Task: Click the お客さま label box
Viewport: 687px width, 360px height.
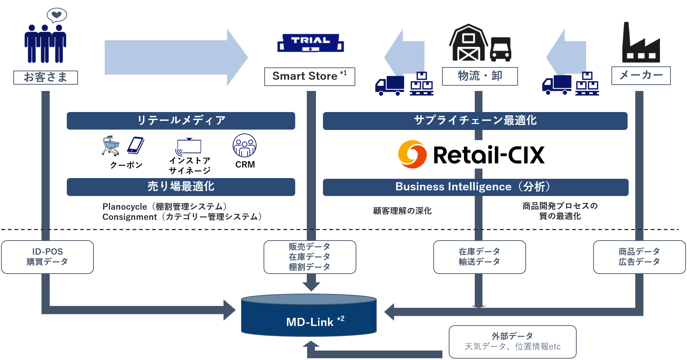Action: [x=45, y=77]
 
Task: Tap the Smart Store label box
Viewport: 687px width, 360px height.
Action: [x=309, y=77]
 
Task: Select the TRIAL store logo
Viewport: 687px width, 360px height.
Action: [x=311, y=43]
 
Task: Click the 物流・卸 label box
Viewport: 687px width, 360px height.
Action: [x=480, y=76]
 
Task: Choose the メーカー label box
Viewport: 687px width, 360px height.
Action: [x=641, y=76]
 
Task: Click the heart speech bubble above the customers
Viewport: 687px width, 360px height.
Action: [x=57, y=15]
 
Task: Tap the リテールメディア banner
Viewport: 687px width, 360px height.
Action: [x=181, y=120]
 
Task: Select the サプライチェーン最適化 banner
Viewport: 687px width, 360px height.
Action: [x=475, y=120]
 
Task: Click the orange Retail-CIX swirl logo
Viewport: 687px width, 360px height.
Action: [x=412, y=155]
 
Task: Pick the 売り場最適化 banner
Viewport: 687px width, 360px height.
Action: [x=181, y=186]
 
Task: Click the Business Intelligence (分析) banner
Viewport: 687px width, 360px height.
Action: [x=475, y=187]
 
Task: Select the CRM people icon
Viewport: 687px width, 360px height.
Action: [x=245, y=145]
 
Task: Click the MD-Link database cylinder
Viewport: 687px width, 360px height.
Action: [x=309, y=315]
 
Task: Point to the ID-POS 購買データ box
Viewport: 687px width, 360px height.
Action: [x=47, y=257]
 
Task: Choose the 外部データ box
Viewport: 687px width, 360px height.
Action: [x=512, y=341]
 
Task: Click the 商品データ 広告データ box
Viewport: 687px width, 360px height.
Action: [x=639, y=257]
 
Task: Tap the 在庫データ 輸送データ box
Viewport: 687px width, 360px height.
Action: [x=479, y=257]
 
